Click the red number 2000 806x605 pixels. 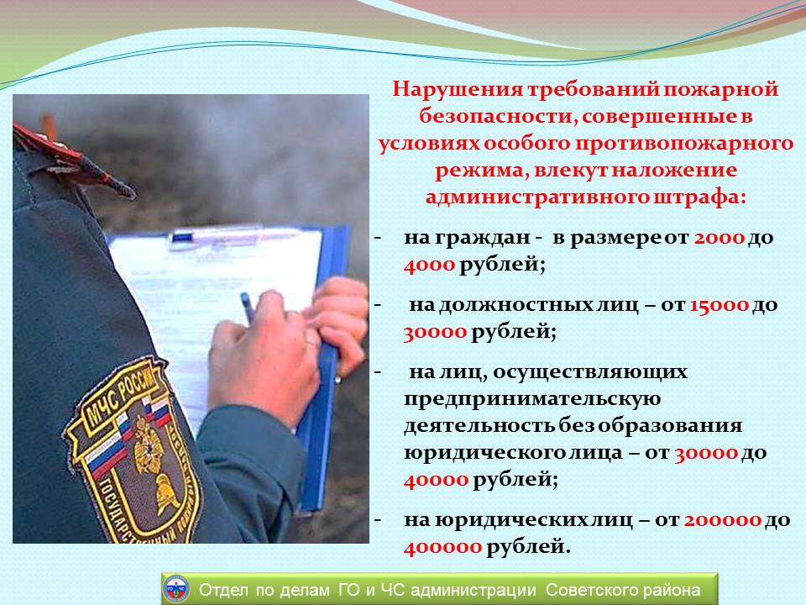[x=720, y=238]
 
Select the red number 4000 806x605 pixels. [x=429, y=265]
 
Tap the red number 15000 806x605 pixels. [x=719, y=306]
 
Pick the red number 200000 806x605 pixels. [x=722, y=520]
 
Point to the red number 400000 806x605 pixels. [x=442, y=547]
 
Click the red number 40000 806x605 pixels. [x=436, y=480]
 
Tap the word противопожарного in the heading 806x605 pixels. [x=683, y=144]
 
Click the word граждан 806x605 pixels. [x=482, y=239]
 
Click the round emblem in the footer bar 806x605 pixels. [x=175, y=589]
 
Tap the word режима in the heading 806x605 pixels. [x=479, y=171]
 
